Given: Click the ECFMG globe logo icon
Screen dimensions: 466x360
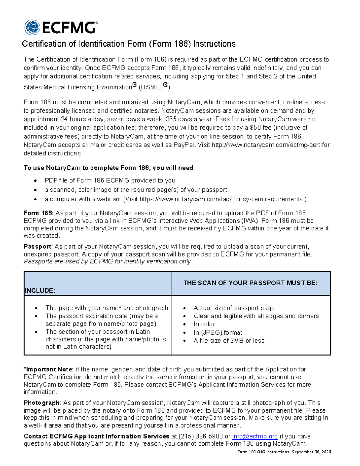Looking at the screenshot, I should tap(32, 27).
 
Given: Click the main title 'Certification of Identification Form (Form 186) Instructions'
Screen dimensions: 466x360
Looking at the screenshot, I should tap(129, 44).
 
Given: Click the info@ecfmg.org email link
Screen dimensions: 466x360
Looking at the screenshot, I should tap(255, 436).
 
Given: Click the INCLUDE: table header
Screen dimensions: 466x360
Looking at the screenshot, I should tap(40, 290).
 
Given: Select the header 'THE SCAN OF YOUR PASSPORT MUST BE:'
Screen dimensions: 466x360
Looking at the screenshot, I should tap(250, 283).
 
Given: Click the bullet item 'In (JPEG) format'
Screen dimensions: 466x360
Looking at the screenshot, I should tap(218, 332).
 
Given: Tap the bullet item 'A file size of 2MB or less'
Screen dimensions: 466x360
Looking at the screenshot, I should tap(229, 341).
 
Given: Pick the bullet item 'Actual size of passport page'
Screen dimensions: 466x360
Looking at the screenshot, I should tap(234, 308).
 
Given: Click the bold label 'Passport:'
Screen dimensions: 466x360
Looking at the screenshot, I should tap(38, 247).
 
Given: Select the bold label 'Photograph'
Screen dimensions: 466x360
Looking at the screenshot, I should tap(42, 403).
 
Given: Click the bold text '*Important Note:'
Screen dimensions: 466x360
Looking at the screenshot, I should tap(49, 369).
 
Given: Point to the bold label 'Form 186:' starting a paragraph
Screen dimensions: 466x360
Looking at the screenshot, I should tap(39, 213).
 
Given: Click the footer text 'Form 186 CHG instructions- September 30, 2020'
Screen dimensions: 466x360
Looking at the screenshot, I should tap(284, 452).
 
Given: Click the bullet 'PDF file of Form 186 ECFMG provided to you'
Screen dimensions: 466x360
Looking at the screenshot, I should tap(110, 181).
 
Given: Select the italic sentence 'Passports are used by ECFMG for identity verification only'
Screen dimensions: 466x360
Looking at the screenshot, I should tap(107, 261).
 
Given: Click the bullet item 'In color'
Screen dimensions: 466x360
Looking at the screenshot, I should tap(204, 324).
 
